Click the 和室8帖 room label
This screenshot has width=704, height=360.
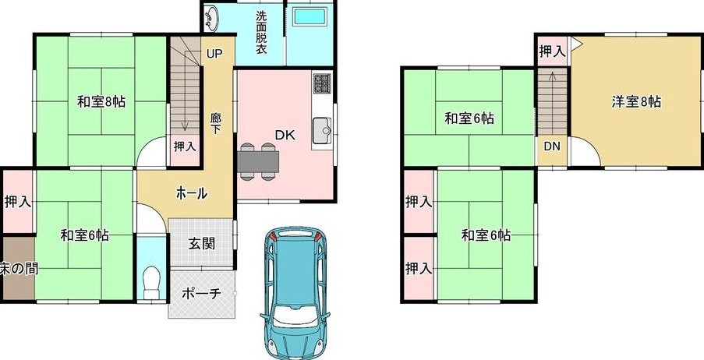coord(101,102)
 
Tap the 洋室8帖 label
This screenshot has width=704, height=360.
coord(636,102)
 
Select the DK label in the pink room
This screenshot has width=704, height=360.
coord(285,135)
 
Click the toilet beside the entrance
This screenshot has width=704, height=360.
coord(151,282)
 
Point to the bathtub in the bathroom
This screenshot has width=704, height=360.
coord(310,17)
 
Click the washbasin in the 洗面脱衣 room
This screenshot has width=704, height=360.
coord(211,17)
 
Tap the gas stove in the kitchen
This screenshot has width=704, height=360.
coord(322,83)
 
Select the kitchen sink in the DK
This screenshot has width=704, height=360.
coord(322,131)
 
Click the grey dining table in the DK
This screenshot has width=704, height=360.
coord(258,161)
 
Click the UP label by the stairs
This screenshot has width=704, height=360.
coord(214,54)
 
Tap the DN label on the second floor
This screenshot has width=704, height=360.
coord(552,146)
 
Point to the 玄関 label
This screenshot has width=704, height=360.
coord(202,244)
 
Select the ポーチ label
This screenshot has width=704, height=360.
coord(202,294)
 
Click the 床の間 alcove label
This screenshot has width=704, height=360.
coord(19,268)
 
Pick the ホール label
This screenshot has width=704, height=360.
coord(191,193)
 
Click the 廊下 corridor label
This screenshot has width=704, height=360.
coord(215,123)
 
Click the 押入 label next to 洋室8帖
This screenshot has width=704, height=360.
coord(552,51)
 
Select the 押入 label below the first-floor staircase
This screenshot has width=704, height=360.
coord(185,146)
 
